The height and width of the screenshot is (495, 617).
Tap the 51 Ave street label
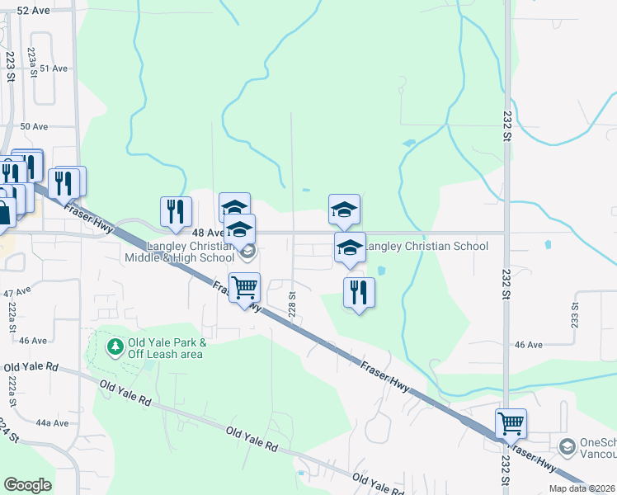coord(54,68)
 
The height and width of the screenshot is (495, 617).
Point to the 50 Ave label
coord(35,126)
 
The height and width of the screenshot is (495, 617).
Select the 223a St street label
coord(31,62)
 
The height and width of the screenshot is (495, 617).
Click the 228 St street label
coord(292,300)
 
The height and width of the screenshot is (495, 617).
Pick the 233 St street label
coord(575,314)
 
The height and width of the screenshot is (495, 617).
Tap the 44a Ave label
coord(52,422)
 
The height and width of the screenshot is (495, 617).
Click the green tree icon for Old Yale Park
coord(115,344)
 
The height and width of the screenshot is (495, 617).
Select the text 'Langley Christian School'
coord(426,246)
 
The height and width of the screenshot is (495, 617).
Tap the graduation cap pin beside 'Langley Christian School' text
coord(350,247)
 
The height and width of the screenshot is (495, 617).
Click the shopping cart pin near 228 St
coord(244,288)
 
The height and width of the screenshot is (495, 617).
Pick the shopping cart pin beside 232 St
coord(511,424)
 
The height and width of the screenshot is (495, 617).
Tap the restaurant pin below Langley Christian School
coord(359,292)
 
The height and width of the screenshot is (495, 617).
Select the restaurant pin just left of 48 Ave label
coord(176,211)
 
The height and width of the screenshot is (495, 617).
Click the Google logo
coord(27,485)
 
